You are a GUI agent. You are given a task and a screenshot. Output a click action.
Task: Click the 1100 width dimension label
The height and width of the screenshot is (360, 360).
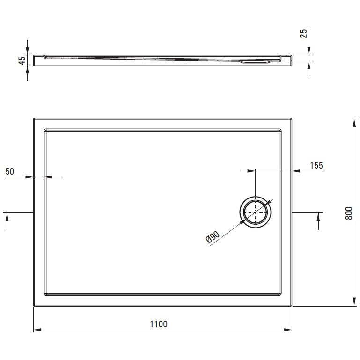pyautogui.click(x=159, y=324)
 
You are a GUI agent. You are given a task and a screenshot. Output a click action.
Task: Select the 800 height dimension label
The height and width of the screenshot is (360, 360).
pyautogui.click(x=348, y=213)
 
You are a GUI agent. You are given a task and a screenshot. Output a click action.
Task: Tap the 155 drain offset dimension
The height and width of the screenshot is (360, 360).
pyautogui.click(x=316, y=165)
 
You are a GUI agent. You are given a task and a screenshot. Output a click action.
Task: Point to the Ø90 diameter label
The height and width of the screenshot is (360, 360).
pyautogui.click(x=213, y=237)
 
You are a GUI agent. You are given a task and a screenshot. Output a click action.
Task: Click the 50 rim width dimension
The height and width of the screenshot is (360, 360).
pyautogui.click(x=10, y=171)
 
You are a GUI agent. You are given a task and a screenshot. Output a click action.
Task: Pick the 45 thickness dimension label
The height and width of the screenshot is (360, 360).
pyautogui.click(x=22, y=60)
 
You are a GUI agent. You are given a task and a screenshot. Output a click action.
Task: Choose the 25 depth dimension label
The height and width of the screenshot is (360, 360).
pyautogui.click(x=303, y=34)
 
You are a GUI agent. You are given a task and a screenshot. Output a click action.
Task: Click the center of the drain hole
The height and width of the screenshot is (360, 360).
pyautogui.click(x=255, y=212)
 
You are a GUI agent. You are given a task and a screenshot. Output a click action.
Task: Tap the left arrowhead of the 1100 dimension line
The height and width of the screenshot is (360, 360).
pyautogui.click(x=37, y=330)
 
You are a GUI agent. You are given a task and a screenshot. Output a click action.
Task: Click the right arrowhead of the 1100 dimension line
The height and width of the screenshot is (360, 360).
pyautogui.click(x=288, y=330)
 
